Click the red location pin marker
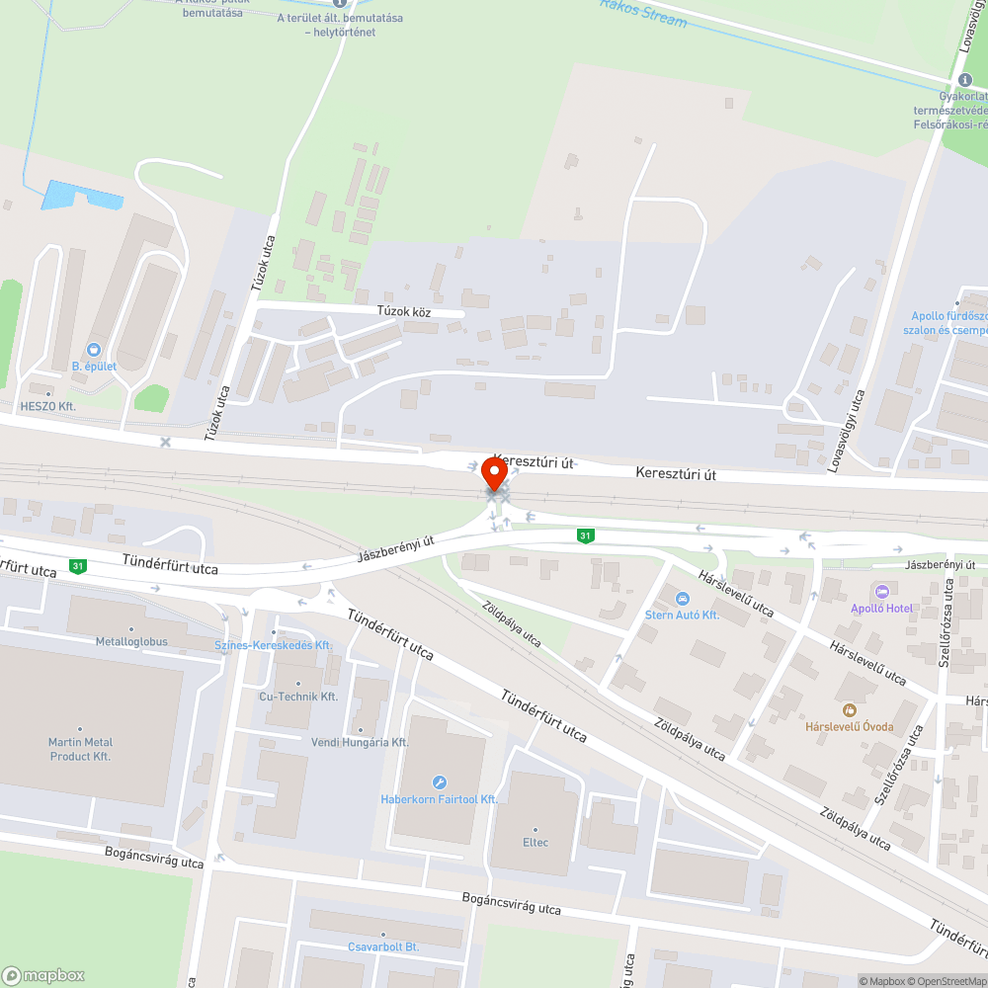pyautogui.click(x=493, y=476)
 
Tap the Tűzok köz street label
pyautogui.click(x=404, y=311)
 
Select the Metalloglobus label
pyautogui.click(x=131, y=641)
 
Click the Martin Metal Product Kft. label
pyautogui.click(x=80, y=749)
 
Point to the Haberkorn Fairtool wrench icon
pyautogui.click(x=440, y=782)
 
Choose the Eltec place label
pyautogui.click(x=535, y=842)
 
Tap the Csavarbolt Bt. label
pyautogui.click(x=383, y=947)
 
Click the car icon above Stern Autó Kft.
pyautogui.click(x=682, y=598)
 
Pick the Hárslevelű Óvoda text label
pyautogui.click(x=849, y=727)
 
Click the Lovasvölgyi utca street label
pyautogui.click(x=847, y=431)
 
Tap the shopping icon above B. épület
pyautogui.click(x=94, y=349)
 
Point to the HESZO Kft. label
pyautogui.click(x=47, y=406)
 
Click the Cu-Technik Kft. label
pyautogui.click(x=298, y=697)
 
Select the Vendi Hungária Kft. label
pyautogui.click(x=360, y=742)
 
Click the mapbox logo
pyautogui.click(x=43, y=975)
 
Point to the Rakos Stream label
pyautogui.click(x=642, y=12)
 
